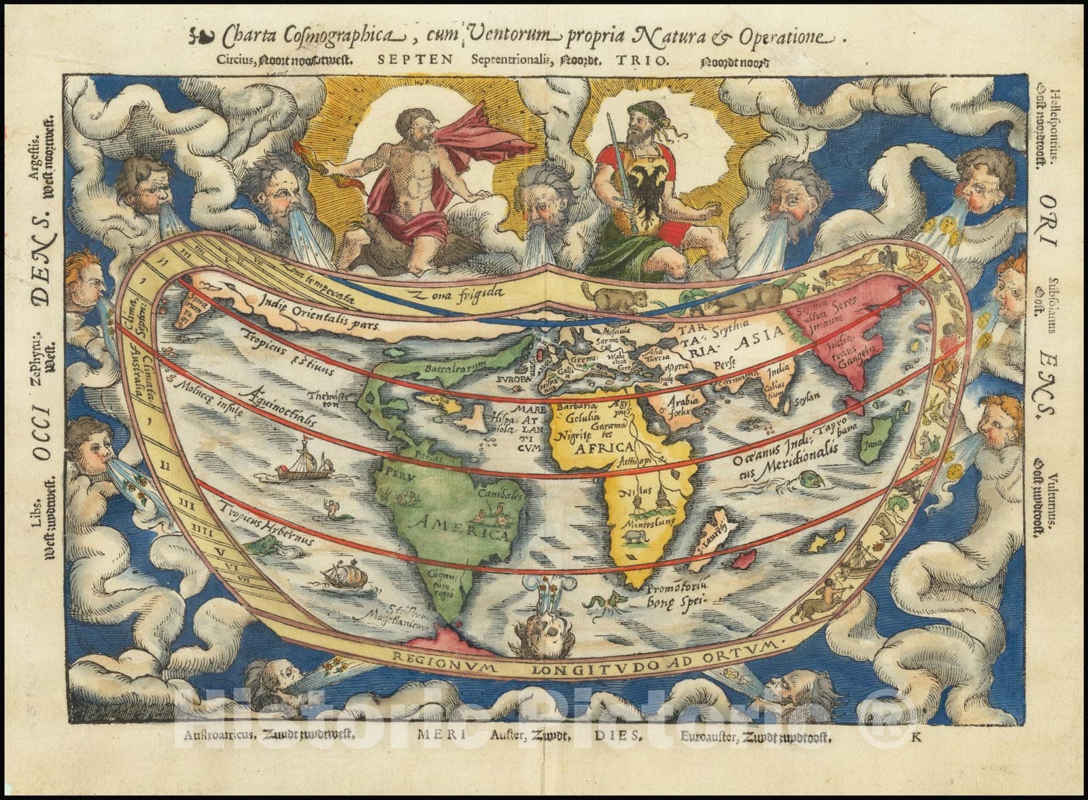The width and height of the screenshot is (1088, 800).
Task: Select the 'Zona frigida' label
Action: (x=463, y=294)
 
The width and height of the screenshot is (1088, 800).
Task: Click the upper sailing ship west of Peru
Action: (x=305, y=463)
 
